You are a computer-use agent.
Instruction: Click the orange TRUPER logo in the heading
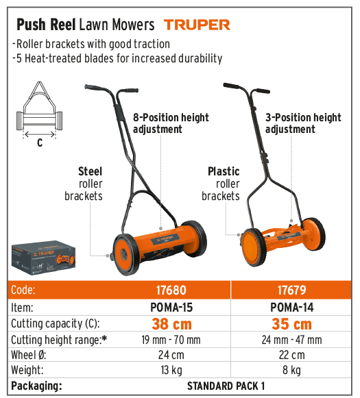point(197,25)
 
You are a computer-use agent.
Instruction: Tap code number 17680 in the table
point(171,290)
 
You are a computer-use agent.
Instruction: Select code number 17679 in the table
point(291,290)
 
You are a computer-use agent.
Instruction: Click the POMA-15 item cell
point(171,308)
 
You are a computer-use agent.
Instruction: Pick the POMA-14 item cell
point(292,308)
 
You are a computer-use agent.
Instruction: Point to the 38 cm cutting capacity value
point(171,324)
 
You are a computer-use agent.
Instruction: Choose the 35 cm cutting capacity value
point(291,324)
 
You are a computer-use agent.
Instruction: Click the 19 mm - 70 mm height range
point(171,340)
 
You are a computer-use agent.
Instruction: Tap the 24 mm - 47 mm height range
point(291,340)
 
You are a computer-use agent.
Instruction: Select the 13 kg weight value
point(171,371)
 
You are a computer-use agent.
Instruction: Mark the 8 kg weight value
point(291,371)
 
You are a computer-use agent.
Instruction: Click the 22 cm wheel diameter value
point(291,355)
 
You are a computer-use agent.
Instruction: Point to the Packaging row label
point(36,386)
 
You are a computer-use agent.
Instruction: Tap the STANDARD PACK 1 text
point(226,386)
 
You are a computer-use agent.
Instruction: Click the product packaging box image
point(43,258)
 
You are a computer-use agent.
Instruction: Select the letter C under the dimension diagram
point(40,142)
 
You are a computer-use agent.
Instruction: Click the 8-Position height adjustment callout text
point(171,123)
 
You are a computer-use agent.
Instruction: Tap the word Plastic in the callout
point(224,171)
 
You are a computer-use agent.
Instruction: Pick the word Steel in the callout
point(91,171)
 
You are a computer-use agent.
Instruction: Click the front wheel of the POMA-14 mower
point(253,247)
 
